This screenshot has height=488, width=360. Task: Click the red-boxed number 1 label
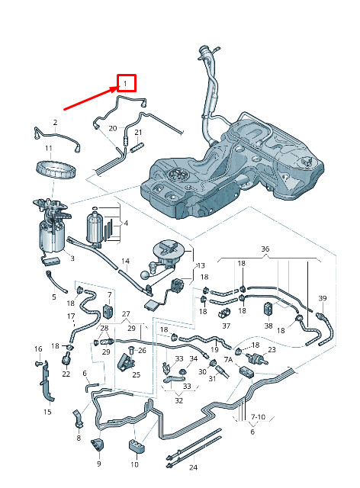[x=125, y=83]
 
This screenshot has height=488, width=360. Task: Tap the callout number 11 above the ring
[x=49, y=149]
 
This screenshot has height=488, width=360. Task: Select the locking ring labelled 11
[x=56, y=169]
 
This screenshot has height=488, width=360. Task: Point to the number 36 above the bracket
[x=265, y=249]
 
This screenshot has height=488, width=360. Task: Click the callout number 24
[x=194, y=467]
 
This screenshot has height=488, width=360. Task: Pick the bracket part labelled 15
[x=46, y=381]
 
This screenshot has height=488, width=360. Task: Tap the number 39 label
[x=323, y=298]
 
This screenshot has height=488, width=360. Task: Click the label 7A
[x=228, y=360]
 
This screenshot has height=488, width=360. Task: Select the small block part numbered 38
[x=268, y=310]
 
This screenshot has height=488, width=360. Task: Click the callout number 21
[x=138, y=132]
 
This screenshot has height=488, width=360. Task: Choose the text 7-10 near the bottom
[x=258, y=417]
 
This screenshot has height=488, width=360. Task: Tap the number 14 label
[x=125, y=261]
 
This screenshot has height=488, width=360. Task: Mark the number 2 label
[x=56, y=122]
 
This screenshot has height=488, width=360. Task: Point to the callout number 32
[x=178, y=400]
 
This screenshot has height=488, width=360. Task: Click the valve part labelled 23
[x=256, y=358]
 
